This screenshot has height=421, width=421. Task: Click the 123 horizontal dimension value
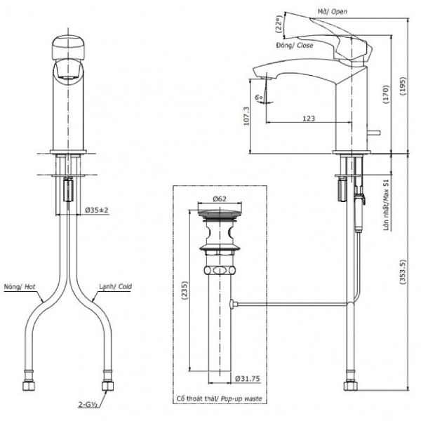click(309, 118)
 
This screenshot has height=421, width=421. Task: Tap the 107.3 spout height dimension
click(246, 116)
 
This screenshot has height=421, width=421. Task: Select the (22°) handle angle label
click(279, 24)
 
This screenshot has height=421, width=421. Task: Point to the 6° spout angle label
click(258, 97)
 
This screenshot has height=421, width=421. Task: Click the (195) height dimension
click(403, 86)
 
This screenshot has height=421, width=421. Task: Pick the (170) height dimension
click(385, 94)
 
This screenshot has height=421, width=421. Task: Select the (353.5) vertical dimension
click(403, 272)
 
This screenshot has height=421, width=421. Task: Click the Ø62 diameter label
click(220, 199)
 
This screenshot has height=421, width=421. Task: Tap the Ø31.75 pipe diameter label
click(248, 379)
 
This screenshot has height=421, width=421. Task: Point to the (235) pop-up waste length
click(185, 290)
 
